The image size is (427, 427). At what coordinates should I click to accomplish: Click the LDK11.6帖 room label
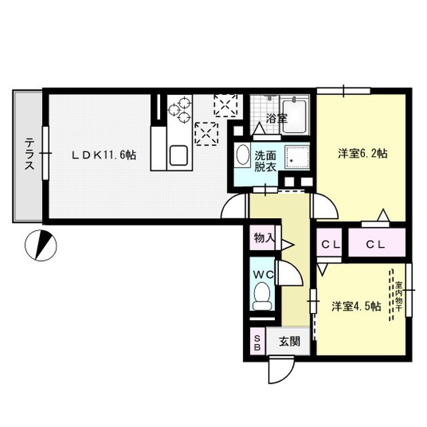[x=105, y=155]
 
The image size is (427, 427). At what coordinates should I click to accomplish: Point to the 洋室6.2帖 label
[x=362, y=153]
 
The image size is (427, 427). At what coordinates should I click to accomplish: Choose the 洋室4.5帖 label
[x=356, y=306]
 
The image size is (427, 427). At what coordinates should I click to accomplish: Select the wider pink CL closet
[x=376, y=244]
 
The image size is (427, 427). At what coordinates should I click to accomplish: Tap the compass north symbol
[x=41, y=246]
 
